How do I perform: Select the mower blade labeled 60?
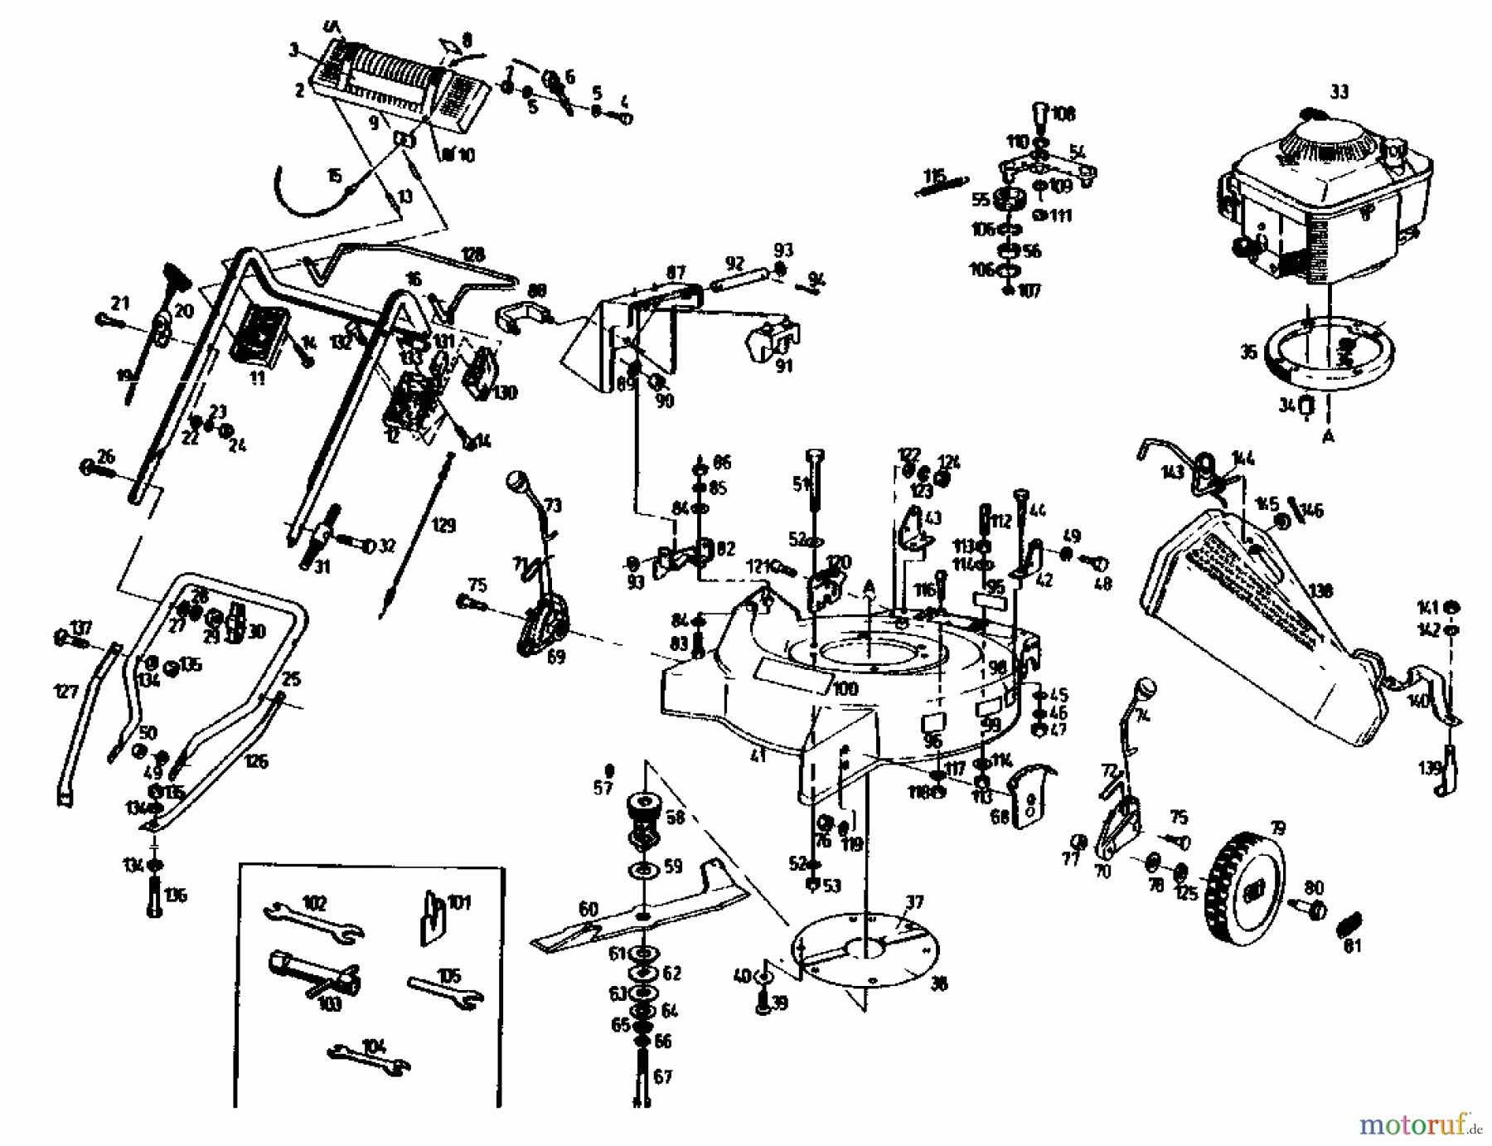pyautogui.click(x=638, y=912)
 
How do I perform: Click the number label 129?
pyautogui.click(x=443, y=526)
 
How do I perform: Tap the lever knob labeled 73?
pyautogui.click(x=518, y=481)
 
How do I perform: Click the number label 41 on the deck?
pyautogui.click(x=758, y=755)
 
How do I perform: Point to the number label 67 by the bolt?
pyautogui.click(x=663, y=1076)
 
